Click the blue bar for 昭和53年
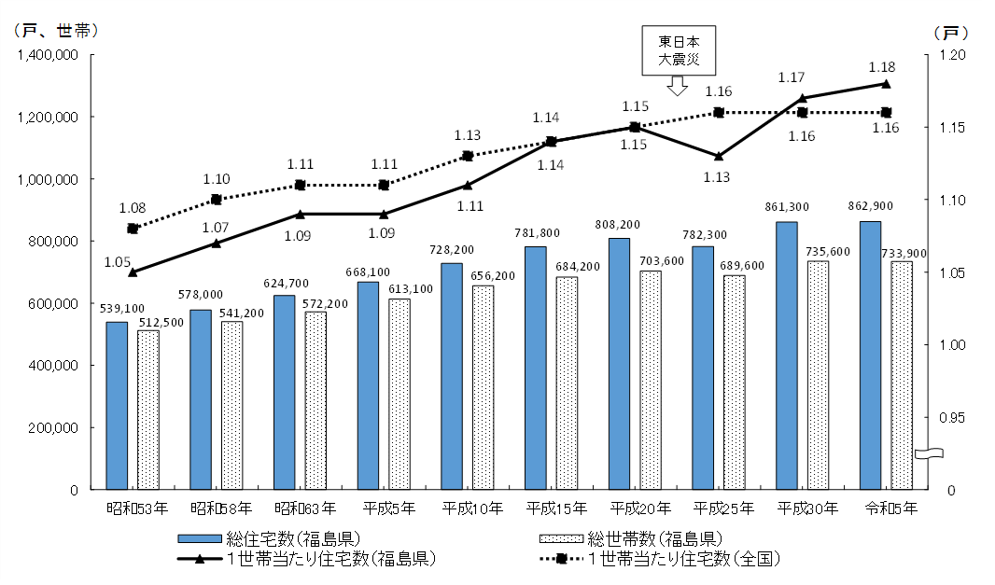(117, 406)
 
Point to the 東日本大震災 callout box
(678, 50)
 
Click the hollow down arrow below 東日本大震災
(678, 86)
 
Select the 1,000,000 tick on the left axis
(51, 179)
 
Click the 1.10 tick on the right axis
(945, 200)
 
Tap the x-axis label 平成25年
(724, 508)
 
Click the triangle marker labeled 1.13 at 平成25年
(718, 156)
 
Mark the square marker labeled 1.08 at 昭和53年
(133, 229)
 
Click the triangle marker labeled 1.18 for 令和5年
(886, 84)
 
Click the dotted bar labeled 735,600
(818, 374)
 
